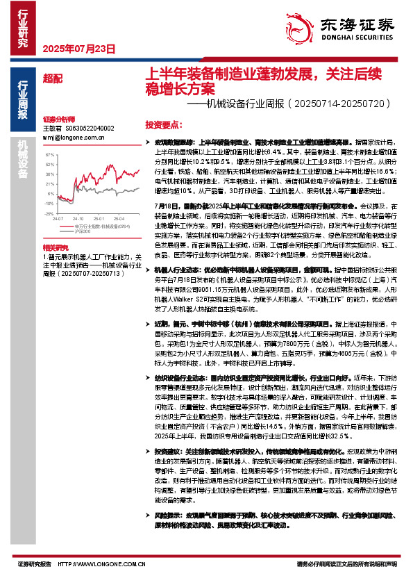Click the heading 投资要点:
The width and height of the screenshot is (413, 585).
click(164, 124)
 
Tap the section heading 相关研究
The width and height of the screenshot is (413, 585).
click(54, 247)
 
